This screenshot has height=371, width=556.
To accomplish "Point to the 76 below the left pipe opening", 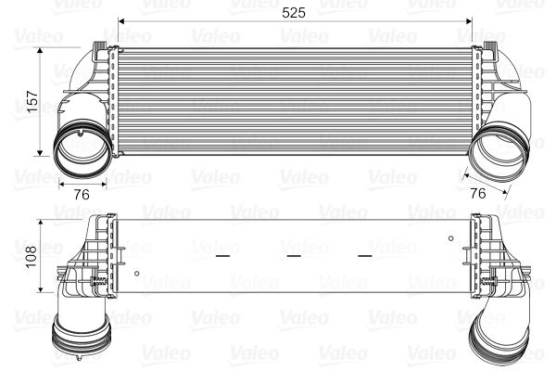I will [81, 194].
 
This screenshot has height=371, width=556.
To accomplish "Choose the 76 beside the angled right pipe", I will [478, 194].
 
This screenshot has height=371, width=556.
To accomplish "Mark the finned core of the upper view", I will [292, 96].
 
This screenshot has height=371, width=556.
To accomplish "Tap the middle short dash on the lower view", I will [294, 253].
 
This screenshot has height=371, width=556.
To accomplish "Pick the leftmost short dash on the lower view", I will [221, 253].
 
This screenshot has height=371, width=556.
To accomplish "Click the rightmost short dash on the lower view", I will [364, 253].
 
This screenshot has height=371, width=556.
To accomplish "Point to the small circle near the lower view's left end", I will [136, 273].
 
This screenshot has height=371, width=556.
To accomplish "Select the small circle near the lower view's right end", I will [450, 238].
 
